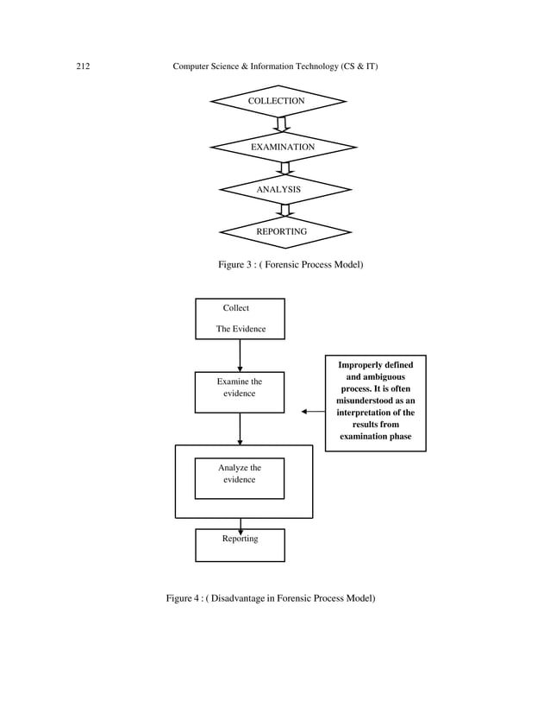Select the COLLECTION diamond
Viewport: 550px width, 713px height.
[x=277, y=102]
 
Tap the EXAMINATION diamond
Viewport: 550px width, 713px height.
[x=283, y=148]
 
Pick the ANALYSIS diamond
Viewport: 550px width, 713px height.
[x=284, y=189]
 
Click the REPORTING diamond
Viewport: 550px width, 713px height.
[x=284, y=232]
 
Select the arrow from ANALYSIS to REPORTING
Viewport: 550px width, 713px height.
[x=285, y=210]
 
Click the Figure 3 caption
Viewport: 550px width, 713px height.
[x=291, y=264]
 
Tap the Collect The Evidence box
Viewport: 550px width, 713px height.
[x=240, y=319]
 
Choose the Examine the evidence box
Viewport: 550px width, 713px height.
[x=240, y=393]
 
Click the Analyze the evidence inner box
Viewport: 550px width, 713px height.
[x=240, y=478]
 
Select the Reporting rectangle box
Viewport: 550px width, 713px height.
[x=240, y=545]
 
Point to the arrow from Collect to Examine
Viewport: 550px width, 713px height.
[x=240, y=355]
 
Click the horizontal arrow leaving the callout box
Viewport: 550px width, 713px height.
[x=314, y=412]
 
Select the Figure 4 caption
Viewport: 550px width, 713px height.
[x=271, y=598]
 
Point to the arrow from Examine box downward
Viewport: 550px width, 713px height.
[x=240, y=429]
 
